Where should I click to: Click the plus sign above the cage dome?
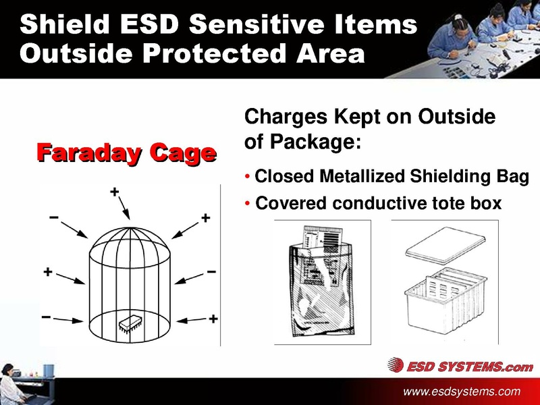[115, 192]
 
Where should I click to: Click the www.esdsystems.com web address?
[462, 391]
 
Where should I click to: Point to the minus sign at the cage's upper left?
[53, 218]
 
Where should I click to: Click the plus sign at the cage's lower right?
[213, 318]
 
